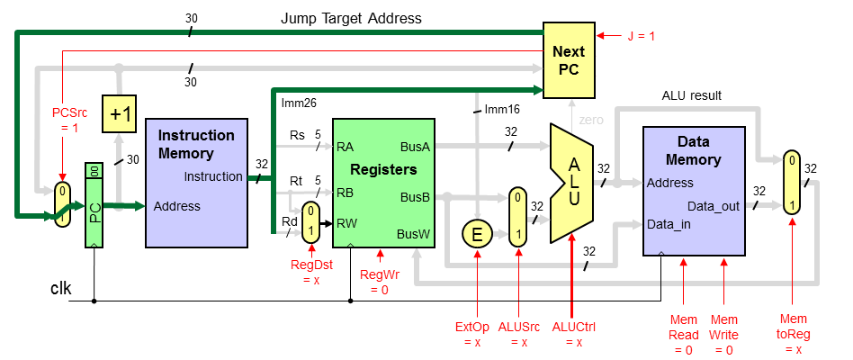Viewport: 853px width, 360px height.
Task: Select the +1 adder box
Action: tap(121, 114)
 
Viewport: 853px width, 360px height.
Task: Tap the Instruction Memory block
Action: tap(196, 182)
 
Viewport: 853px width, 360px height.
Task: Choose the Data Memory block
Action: tap(694, 191)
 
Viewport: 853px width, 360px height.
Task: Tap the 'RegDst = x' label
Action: tap(311, 273)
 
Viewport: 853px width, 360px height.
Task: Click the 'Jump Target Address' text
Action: tap(351, 18)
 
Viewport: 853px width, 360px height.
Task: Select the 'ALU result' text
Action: tap(692, 95)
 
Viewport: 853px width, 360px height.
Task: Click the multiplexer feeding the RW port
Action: tap(309, 220)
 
